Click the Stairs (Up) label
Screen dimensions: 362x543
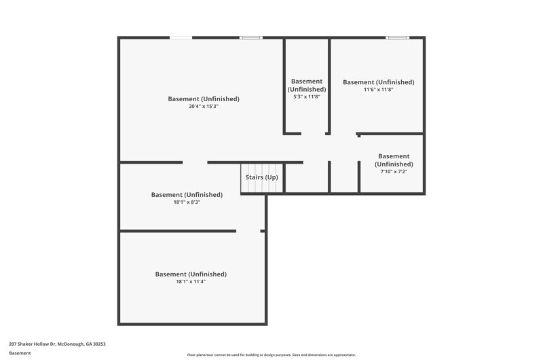[x=262, y=178]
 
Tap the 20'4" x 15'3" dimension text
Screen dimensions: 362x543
[x=204, y=107]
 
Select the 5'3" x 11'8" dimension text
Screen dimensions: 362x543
[x=307, y=97]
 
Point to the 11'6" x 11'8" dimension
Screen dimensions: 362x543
[x=378, y=90]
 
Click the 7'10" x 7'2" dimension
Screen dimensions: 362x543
[x=394, y=172]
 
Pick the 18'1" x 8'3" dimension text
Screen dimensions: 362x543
[x=187, y=202]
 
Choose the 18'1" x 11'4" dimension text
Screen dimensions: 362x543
[x=191, y=282]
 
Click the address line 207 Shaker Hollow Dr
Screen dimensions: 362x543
[x=57, y=344]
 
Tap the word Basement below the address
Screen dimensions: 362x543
[x=20, y=352]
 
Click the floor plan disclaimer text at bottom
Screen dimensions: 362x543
[x=271, y=355]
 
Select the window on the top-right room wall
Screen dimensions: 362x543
[x=397, y=37]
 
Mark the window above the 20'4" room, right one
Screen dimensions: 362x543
[x=250, y=37]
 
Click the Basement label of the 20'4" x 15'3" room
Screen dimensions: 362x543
[x=204, y=99]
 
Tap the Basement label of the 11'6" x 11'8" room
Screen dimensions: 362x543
[x=378, y=82]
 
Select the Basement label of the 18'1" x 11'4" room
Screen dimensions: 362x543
[x=191, y=274]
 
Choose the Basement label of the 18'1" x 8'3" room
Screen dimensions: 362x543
[x=187, y=194]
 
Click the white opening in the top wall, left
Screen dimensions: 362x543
[x=180, y=37]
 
